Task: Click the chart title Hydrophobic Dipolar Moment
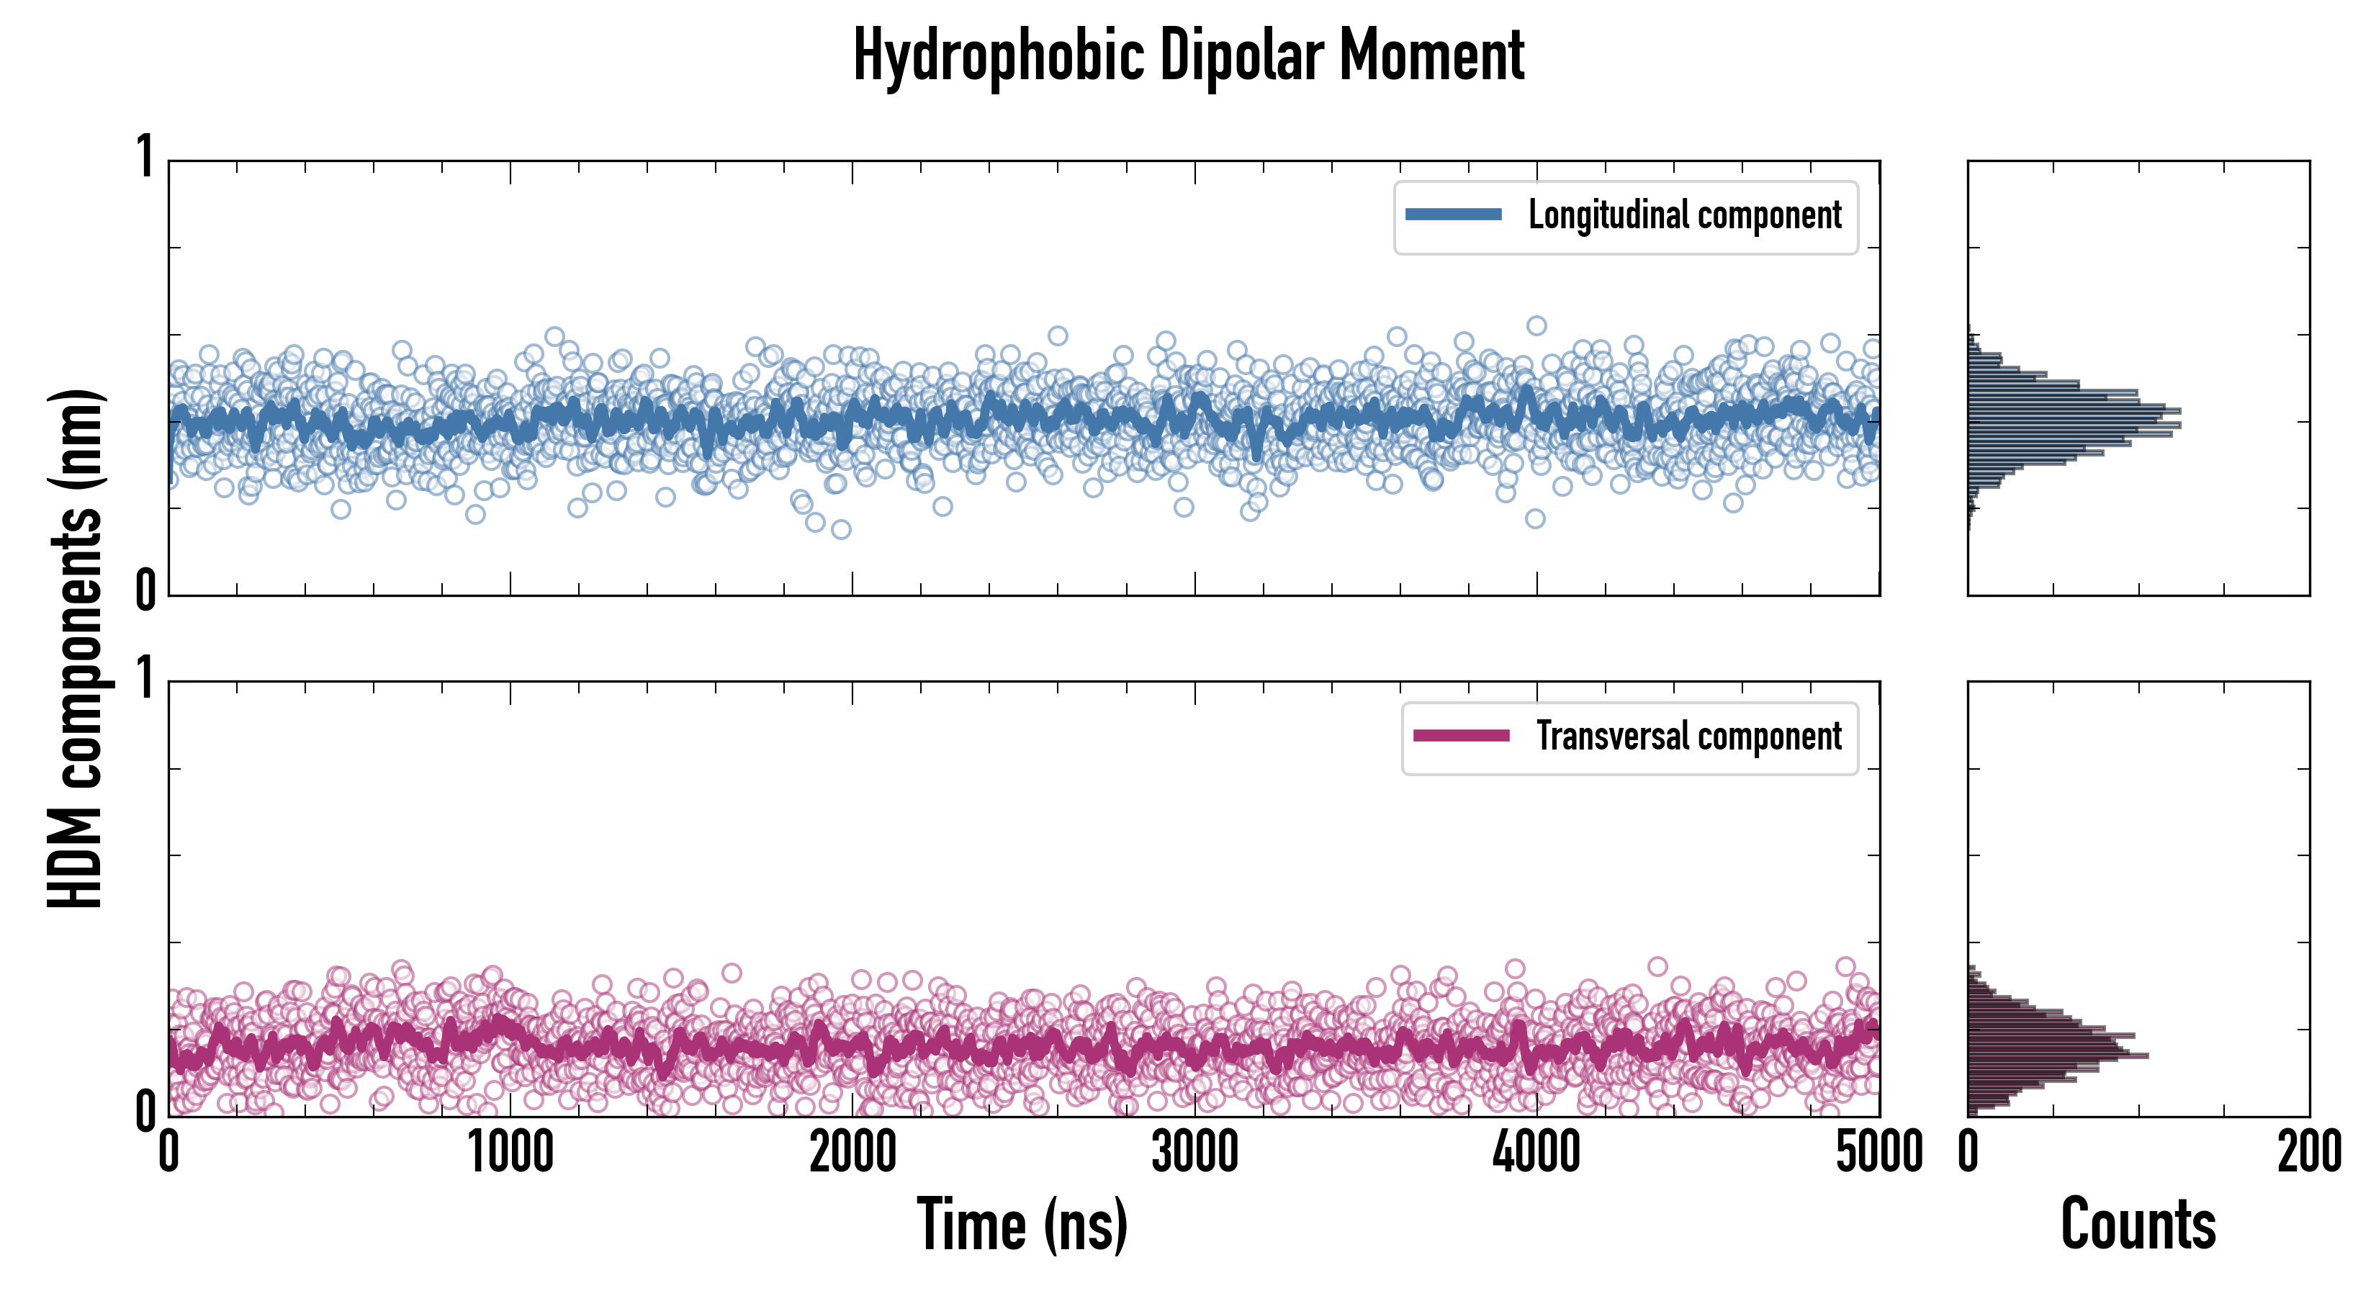(x=1188, y=55)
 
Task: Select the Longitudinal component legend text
(x=1684, y=216)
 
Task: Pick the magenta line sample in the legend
(x=1461, y=735)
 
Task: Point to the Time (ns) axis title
(x=1022, y=1225)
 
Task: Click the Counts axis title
(x=2138, y=1225)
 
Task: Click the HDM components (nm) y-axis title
(x=76, y=649)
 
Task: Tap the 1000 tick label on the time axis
(x=510, y=1153)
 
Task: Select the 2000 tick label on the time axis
(x=852, y=1153)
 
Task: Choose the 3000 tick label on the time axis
(x=1194, y=1153)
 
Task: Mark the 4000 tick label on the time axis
(x=1536, y=1153)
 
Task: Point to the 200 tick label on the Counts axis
(x=2308, y=1153)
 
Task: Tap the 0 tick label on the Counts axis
(x=1968, y=1153)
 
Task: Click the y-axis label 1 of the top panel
(x=145, y=157)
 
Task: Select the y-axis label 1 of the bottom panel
(x=145, y=679)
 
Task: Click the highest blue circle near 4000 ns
(x=1536, y=325)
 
